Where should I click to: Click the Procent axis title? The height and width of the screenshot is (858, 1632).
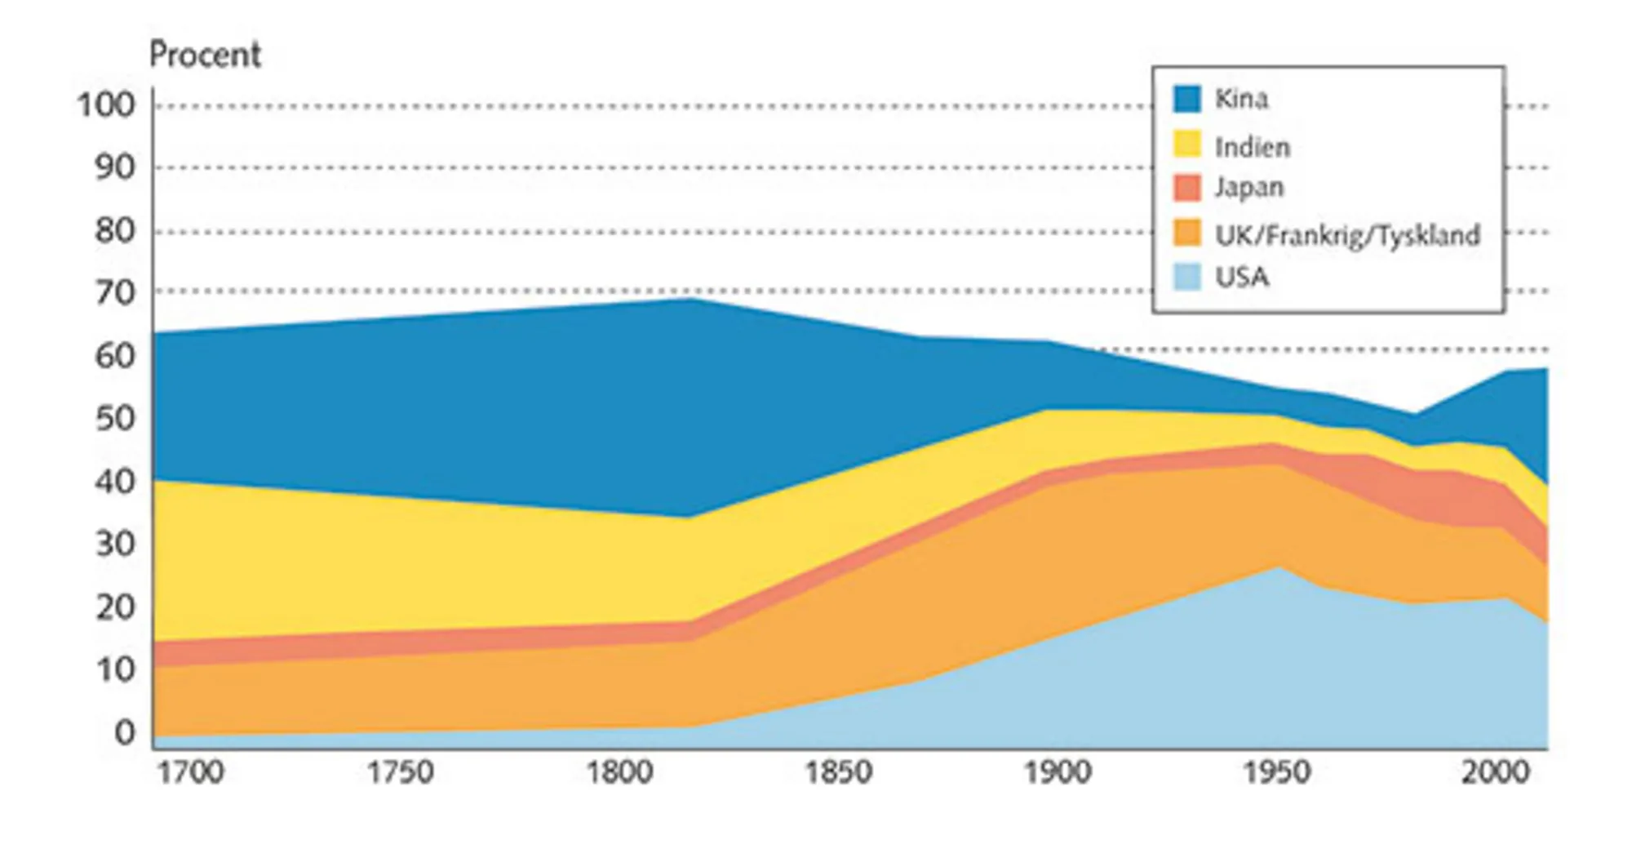pyautogui.click(x=205, y=55)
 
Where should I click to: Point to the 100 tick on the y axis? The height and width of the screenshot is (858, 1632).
pyautogui.click(x=105, y=104)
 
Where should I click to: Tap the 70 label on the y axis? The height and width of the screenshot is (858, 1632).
pyautogui.click(x=114, y=292)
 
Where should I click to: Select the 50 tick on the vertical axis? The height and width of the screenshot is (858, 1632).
pyautogui.click(x=114, y=418)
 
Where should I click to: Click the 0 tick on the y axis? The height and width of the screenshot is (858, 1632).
pyautogui.click(x=124, y=732)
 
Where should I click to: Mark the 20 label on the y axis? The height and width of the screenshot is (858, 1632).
pyautogui.click(x=114, y=607)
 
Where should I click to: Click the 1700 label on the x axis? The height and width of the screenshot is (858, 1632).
pyautogui.click(x=190, y=772)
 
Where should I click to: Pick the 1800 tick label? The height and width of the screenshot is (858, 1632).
pyautogui.click(x=620, y=772)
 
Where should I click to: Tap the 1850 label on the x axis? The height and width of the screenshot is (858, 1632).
pyautogui.click(x=839, y=772)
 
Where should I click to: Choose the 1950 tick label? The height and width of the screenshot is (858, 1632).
pyautogui.click(x=1276, y=772)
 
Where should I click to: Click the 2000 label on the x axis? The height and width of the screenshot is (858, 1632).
pyautogui.click(x=1495, y=772)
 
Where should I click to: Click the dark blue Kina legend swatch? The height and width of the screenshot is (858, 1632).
pyautogui.click(x=1187, y=99)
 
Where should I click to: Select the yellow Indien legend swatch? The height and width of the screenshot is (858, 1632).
pyautogui.click(x=1187, y=144)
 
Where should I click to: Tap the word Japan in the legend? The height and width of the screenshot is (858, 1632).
pyautogui.click(x=1248, y=188)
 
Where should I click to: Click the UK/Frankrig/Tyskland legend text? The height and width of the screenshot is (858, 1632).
pyautogui.click(x=1347, y=235)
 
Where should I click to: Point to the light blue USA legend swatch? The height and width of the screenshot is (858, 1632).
pyautogui.click(x=1187, y=277)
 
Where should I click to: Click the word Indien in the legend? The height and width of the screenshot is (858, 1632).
pyautogui.click(x=1252, y=147)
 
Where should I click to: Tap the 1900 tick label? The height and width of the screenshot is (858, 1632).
pyautogui.click(x=1058, y=772)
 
